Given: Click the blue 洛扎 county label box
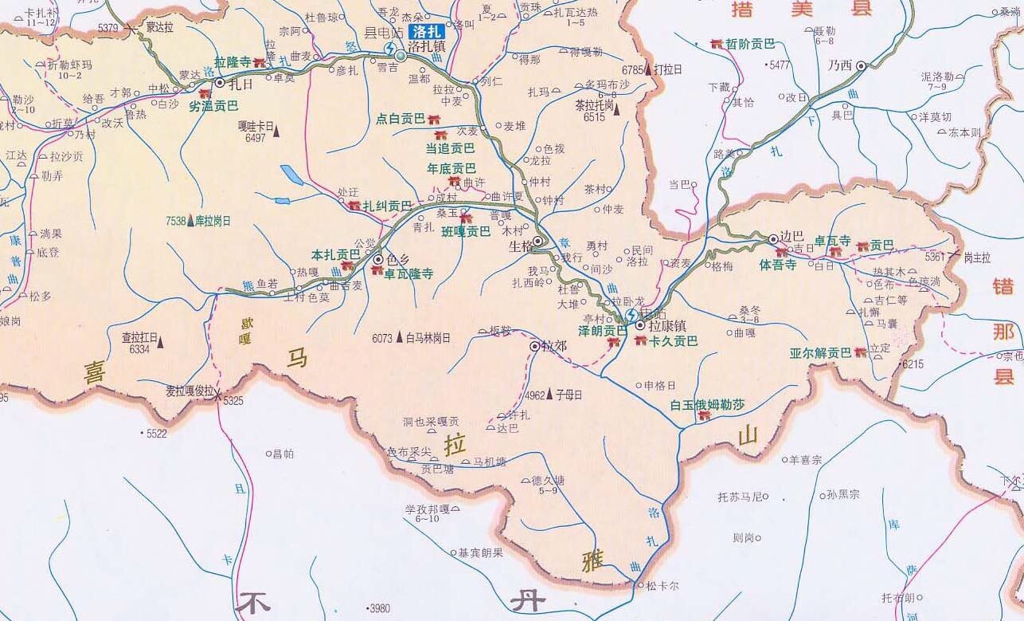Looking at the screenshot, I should pyautogui.click(x=427, y=32).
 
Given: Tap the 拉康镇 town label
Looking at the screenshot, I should pyautogui.click(x=667, y=325).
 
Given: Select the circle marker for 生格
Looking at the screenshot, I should pyautogui.click(x=538, y=241).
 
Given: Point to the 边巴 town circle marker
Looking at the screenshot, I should pyautogui.click(x=772, y=238).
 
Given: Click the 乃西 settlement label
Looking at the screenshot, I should pyautogui.click(x=839, y=65).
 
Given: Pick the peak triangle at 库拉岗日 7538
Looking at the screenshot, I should pyautogui.click(x=190, y=221).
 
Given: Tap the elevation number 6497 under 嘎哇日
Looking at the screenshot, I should pyautogui.click(x=255, y=138).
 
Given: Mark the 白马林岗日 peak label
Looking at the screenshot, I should pyautogui.click(x=428, y=338).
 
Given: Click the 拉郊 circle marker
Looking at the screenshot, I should pyautogui.click(x=535, y=347).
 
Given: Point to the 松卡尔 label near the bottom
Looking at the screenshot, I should pyautogui.click(x=662, y=585).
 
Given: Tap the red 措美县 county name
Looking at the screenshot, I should pyautogui.click(x=803, y=9).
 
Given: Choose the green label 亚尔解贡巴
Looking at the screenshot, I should pyautogui.click(x=820, y=352).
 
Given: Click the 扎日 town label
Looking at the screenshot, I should pyautogui.click(x=239, y=82).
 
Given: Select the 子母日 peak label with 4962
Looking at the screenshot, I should pyautogui.click(x=569, y=395).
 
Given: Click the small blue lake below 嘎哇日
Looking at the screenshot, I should pyautogui.click(x=291, y=175).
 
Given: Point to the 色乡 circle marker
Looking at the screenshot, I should pyautogui.click(x=379, y=259).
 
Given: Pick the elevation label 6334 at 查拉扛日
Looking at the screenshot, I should pyautogui.click(x=139, y=348).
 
